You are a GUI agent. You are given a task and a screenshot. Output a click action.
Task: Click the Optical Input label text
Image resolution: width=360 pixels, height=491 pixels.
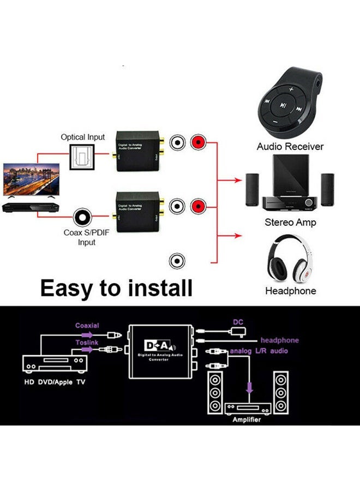[x=83, y=137]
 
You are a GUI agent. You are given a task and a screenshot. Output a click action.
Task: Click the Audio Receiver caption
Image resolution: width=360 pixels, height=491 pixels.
[x=290, y=147]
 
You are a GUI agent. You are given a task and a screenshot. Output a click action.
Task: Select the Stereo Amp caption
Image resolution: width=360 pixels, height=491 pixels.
[x=290, y=223]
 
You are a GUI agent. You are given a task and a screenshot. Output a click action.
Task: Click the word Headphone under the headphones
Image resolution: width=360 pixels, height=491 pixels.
[x=290, y=291]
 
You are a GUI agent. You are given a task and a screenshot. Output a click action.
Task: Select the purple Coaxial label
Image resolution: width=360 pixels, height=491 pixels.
[x=87, y=326]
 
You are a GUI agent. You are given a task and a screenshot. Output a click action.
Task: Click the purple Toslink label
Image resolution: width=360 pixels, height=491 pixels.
[x=87, y=342]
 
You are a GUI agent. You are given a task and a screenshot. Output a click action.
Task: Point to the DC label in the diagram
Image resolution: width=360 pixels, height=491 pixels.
[x=238, y=322]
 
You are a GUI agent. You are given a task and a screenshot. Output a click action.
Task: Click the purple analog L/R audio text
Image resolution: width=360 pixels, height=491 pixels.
[x=259, y=351]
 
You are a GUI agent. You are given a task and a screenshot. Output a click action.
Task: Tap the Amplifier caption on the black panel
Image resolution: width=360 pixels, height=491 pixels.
[x=247, y=420]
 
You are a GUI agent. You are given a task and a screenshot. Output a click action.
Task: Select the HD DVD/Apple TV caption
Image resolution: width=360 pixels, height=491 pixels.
[x=53, y=382]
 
